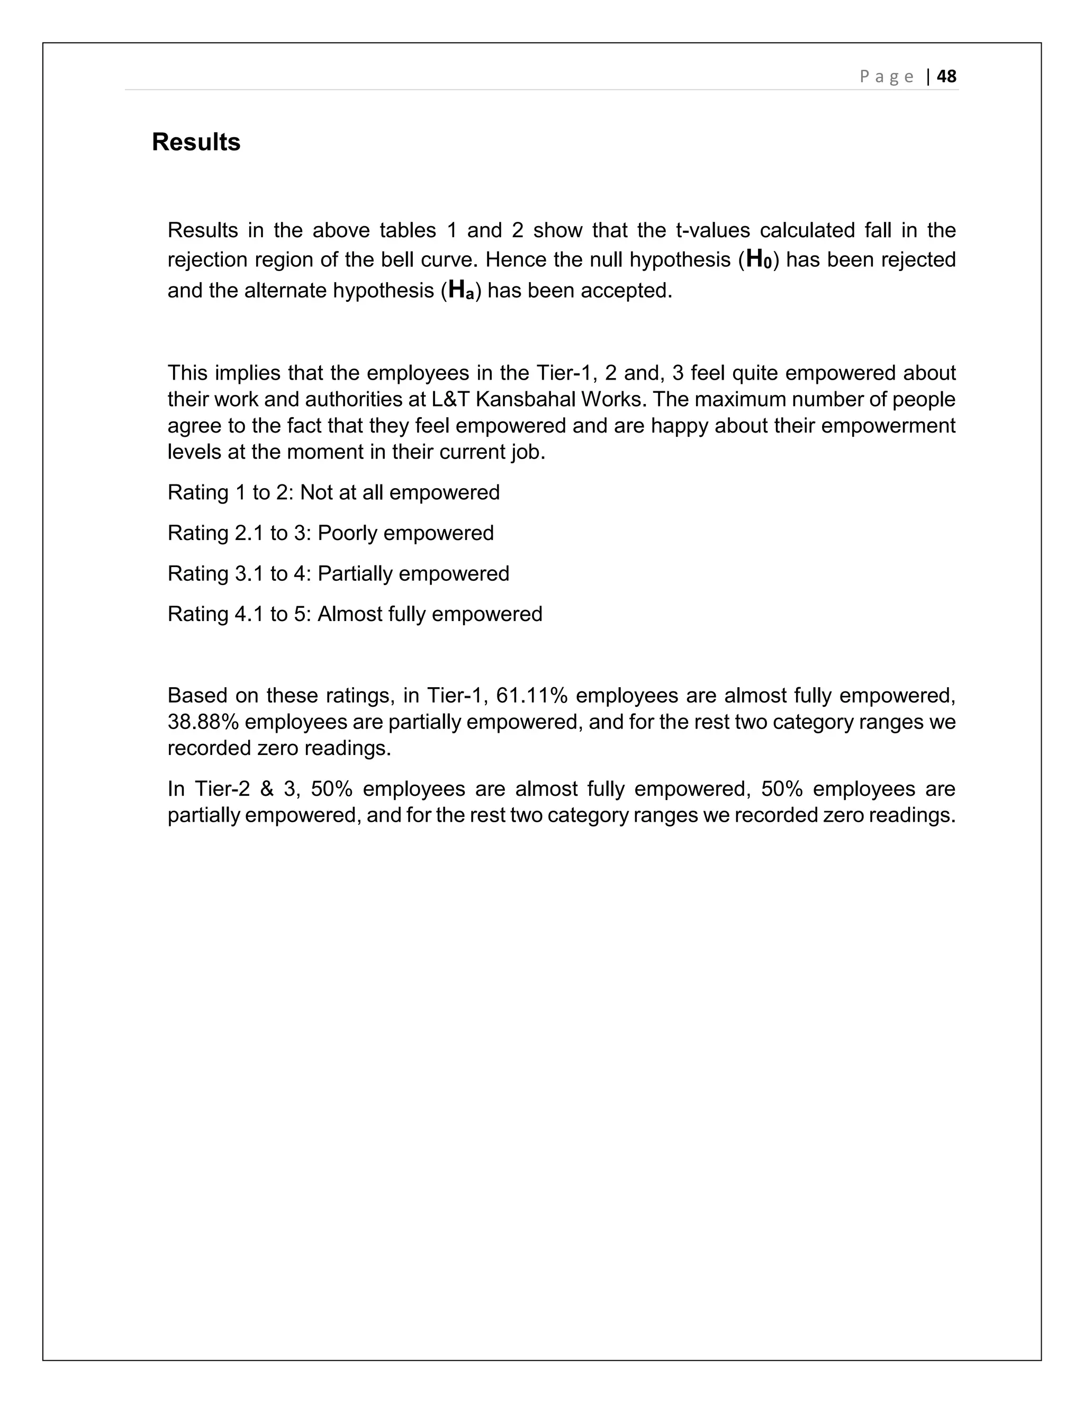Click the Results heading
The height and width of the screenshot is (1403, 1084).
(x=196, y=142)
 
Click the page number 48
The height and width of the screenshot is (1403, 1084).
(x=946, y=76)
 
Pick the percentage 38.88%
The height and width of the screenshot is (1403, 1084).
(x=203, y=722)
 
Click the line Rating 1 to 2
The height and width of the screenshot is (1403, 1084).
(x=333, y=493)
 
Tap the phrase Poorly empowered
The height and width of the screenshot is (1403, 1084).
(x=405, y=533)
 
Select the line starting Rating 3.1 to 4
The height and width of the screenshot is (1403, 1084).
(x=338, y=574)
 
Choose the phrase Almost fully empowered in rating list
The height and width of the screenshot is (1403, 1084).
(x=430, y=614)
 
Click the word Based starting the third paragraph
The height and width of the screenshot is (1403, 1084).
(x=195, y=695)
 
